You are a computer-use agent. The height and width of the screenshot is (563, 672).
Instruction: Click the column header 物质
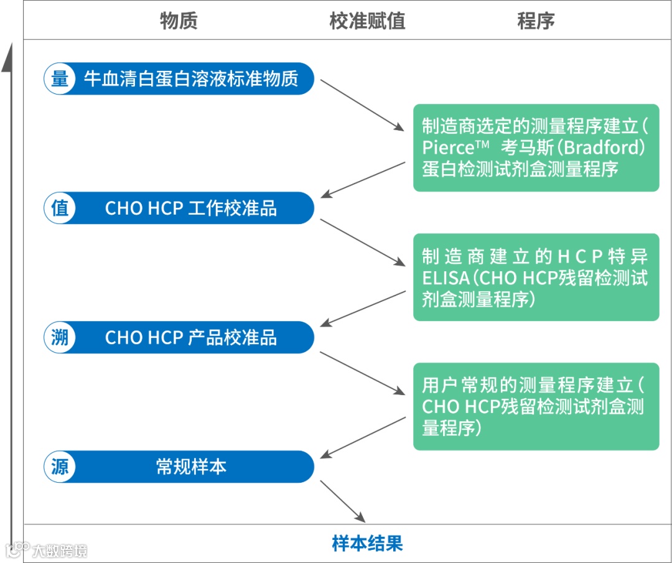(x=179, y=21)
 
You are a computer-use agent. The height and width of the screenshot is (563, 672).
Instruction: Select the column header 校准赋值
(x=367, y=21)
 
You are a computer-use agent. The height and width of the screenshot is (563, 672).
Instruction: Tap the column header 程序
(x=536, y=21)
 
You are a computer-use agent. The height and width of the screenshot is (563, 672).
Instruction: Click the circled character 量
(x=60, y=79)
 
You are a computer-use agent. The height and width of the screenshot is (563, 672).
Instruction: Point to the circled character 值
(x=60, y=208)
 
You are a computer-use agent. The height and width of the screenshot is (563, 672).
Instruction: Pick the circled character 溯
(x=60, y=337)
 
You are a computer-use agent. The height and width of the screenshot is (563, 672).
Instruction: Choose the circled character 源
(x=60, y=467)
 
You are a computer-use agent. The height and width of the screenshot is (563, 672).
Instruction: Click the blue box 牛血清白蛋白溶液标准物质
(x=191, y=79)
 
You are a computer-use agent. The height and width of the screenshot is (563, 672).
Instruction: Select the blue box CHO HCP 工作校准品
(x=191, y=208)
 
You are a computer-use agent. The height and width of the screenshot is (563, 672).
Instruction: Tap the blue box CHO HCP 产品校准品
(x=191, y=337)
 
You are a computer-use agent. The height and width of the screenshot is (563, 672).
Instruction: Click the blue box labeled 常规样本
(x=191, y=467)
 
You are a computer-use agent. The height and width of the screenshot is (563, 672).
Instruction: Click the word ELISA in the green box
(x=445, y=278)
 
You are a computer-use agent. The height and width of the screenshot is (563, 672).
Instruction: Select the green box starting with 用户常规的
(x=536, y=406)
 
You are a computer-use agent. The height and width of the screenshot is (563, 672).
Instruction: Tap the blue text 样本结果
(x=367, y=543)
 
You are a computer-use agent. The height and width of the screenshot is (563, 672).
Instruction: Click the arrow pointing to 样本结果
(x=342, y=501)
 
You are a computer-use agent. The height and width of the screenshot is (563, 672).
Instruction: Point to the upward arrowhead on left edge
(x=7, y=60)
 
